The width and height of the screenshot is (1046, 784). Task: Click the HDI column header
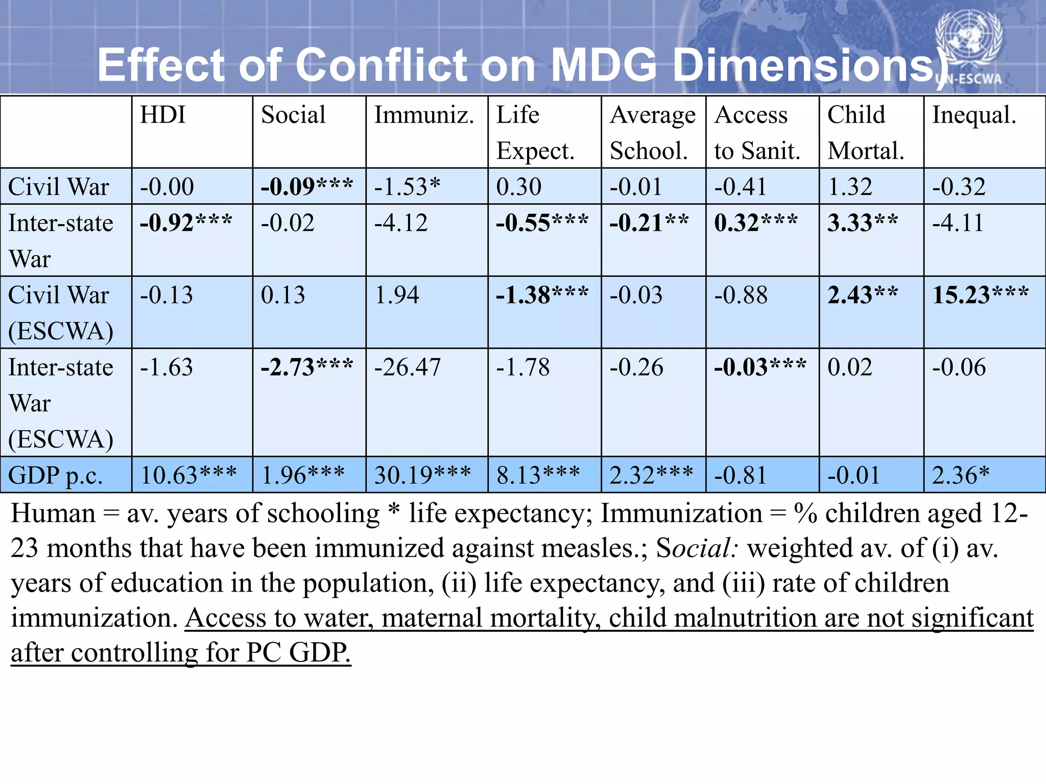click(163, 115)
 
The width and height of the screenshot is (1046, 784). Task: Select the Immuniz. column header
click(424, 115)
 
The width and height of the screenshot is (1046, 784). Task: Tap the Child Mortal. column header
click(865, 132)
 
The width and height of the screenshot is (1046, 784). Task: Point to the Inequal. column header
click(974, 115)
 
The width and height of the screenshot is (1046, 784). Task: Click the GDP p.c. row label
click(56, 475)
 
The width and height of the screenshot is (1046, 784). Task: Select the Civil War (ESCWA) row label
click(60, 312)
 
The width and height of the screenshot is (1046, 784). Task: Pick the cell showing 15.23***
click(980, 295)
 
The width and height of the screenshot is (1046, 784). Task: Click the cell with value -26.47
click(407, 367)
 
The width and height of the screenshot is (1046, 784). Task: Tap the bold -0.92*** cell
click(186, 223)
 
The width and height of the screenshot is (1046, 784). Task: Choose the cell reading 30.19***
click(422, 475)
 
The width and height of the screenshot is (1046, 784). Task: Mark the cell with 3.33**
click(863, 223)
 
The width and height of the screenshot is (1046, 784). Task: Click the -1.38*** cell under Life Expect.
click(542, 295)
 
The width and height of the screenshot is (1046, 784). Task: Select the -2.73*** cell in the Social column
click(306, 367)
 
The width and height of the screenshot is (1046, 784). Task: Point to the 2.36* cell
click(961, 475)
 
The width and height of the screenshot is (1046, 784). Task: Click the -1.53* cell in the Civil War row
click(407, 187)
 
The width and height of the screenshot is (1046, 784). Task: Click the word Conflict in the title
click(381, 65)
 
